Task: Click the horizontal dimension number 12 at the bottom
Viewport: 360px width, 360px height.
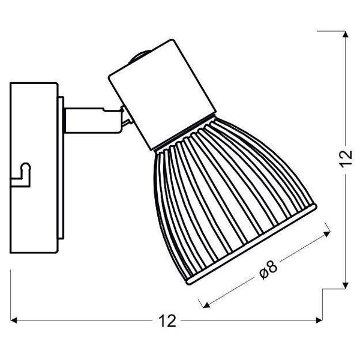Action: [x=167, y=321]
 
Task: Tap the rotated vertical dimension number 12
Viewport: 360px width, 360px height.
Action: [x=346, y=158]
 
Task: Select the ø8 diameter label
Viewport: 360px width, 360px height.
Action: [x=268, y=270]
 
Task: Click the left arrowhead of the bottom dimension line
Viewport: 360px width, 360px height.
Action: [x=14, y=320]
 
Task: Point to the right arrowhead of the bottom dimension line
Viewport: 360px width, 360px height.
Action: [x=319, y=320]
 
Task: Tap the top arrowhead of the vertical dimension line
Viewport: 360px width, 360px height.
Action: [x=346, y=34]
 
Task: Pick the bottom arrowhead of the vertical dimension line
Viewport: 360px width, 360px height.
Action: [x=346, y=286]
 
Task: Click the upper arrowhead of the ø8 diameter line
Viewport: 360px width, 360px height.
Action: [x=327, y=234]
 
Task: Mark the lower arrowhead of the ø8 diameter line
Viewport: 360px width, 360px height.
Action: [x=206, y=304]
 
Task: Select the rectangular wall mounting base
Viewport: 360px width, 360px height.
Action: [x=34, y=168]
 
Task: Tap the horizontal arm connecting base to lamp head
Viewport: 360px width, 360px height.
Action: [x=93, y=121]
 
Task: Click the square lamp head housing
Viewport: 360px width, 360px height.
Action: [x=163, y=95]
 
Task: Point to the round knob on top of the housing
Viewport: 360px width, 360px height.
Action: [x=140, y=56]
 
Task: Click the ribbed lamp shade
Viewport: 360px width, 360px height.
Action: [x=232, y=200]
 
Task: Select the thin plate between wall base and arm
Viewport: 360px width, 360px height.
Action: [x=61, y=168]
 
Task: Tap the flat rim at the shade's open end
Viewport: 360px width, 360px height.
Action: [x=252, y=244]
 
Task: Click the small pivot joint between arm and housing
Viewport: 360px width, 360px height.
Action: [x=127, y=116]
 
